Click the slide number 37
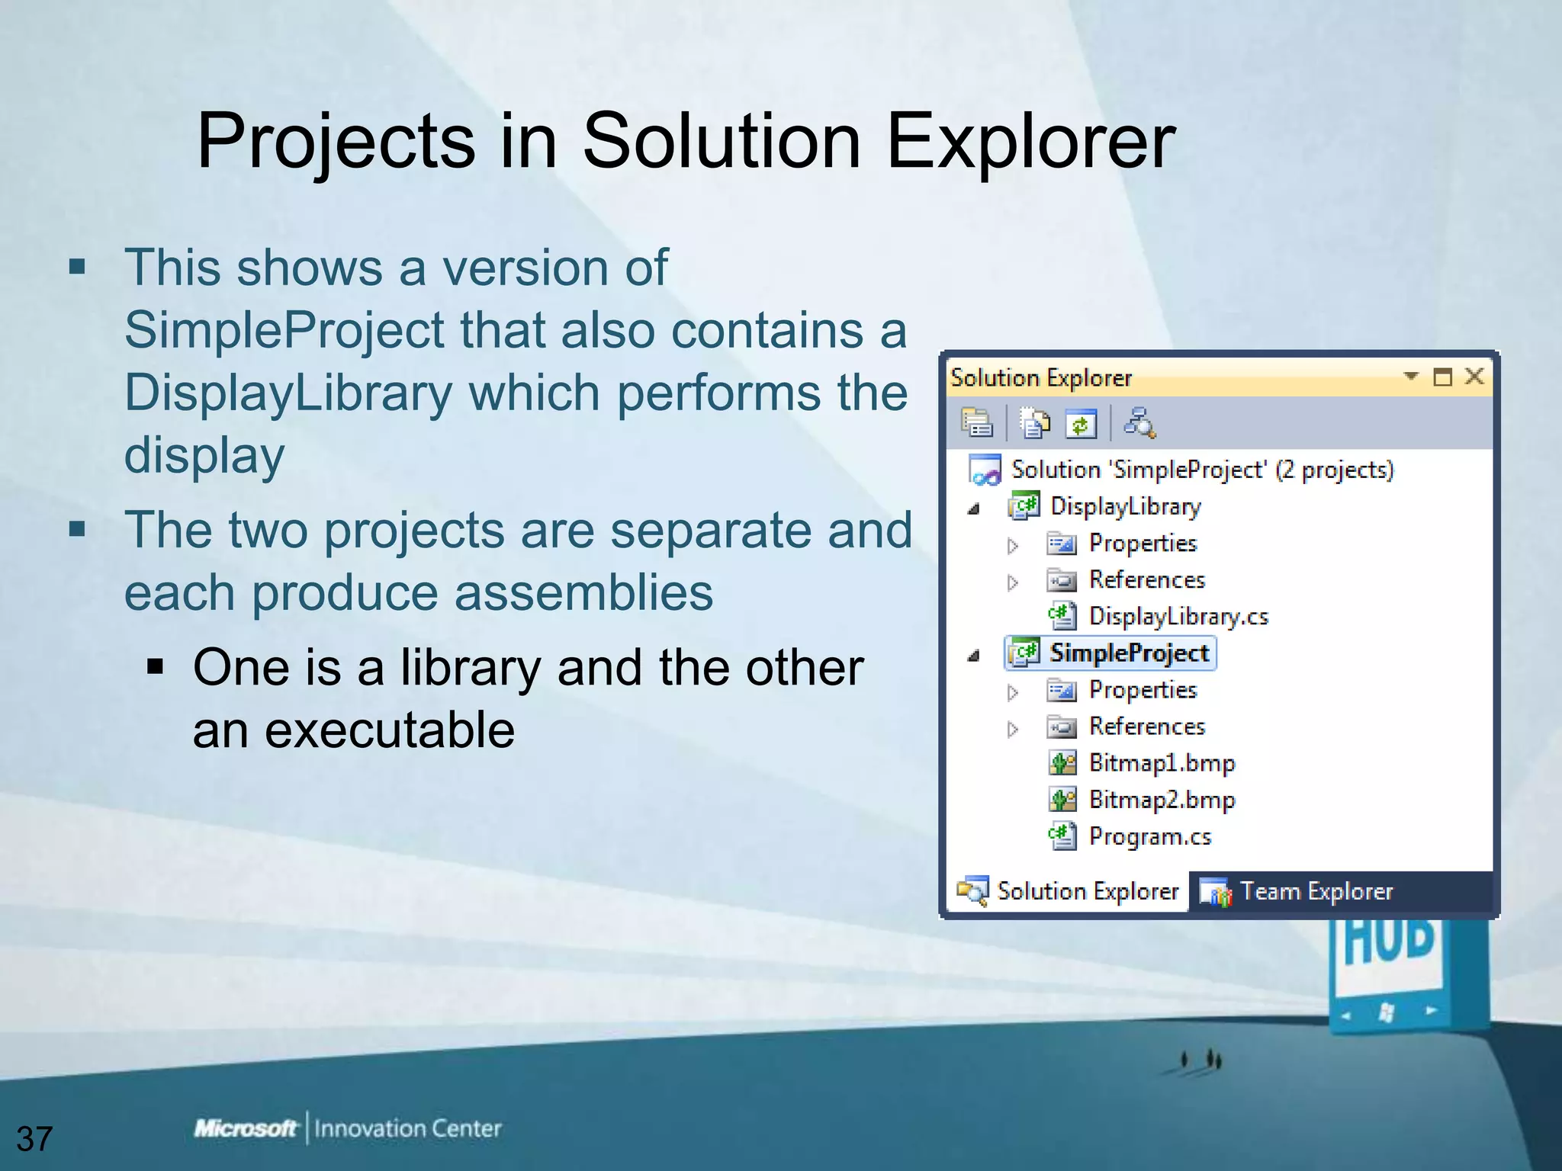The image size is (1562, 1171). pyautogui.click(x=34, y=1138)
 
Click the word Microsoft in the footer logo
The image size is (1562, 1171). pyautogui.click(x=245, y=1128)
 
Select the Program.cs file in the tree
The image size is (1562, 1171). pyautogui.click(x=1149, y=836)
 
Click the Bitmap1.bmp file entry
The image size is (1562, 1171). pyautogui.click(x=1161, y=763)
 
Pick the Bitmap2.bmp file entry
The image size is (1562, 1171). pyautogui.click(x=1161, y=800)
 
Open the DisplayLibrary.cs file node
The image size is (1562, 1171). pyautogui.click(x=1178, y=616)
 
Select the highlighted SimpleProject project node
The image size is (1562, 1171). pyautogui.click(x=1128, y=653)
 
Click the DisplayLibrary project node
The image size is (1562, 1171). pyautogui.click(x=1125, y=506)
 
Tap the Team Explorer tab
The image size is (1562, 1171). pyautogui.click(x=1316, y=891)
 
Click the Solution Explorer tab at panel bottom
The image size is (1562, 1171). pyautogui.click(x=1087, y=891)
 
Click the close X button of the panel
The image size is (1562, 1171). pyautogui.click(x=1474, y=377)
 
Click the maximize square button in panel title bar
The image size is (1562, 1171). pyautogui.click(x=1442, y=377)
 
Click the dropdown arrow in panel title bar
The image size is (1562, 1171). pyautogui.click(x=1410, y=376)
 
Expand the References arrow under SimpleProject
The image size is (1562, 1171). pyautogui.click(x=1012, y=729)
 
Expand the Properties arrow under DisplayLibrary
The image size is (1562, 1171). pyautogui.click(x=1012, y=545)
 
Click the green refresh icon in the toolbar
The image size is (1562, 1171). pyautogui.click(x=1081, y=424)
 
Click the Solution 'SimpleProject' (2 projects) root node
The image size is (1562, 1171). pyautogui.click(x=1201, y=470)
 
